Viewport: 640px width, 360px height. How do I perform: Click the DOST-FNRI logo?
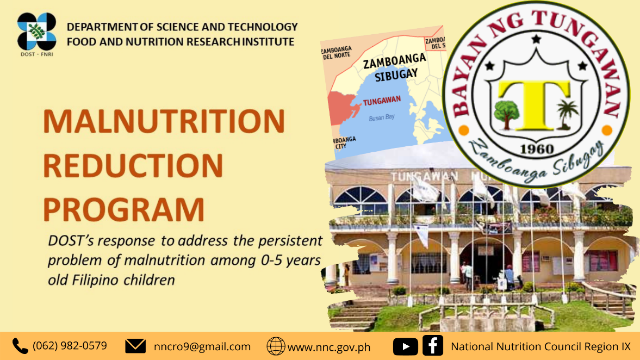37,34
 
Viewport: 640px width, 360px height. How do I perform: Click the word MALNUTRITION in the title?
164,121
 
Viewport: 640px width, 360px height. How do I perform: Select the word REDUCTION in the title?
133,165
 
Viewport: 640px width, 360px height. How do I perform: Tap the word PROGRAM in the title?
123,209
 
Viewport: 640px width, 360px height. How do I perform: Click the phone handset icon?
20,346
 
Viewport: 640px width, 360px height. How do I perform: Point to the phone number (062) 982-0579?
70,346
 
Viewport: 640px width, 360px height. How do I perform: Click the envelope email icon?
135,346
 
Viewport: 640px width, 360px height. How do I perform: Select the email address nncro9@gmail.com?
202,346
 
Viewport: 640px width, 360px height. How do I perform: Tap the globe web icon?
276,346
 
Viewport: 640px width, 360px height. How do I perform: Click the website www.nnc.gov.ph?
329,347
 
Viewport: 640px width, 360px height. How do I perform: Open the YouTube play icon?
405,346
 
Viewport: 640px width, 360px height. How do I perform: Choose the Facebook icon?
433,345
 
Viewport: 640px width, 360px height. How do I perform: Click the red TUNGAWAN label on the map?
382,101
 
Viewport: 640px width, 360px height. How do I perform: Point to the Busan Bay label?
382,117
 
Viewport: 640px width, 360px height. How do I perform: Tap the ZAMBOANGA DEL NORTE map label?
337,53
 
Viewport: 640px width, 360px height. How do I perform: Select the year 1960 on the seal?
537,149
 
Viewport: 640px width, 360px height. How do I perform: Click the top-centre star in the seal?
536,39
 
